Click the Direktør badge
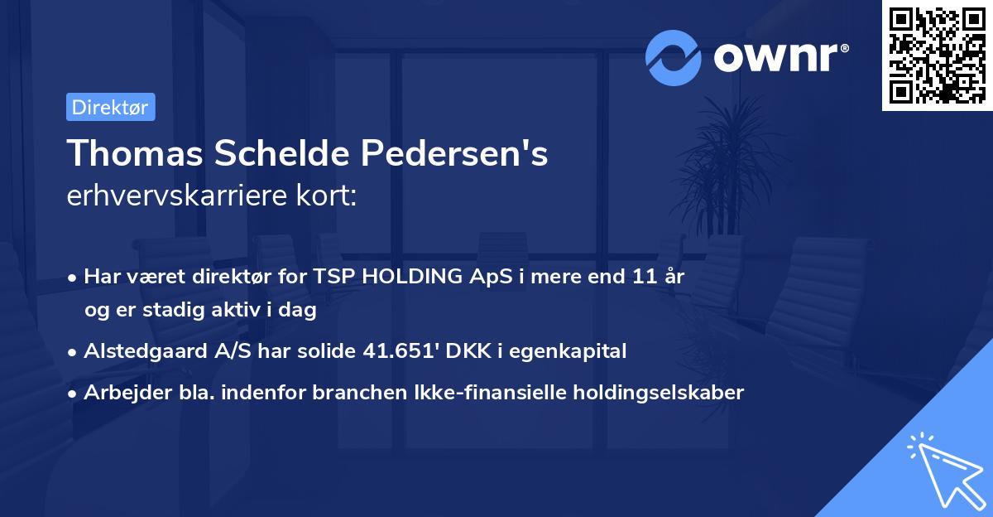point(110,107)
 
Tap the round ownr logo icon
point(674,57)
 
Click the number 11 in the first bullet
point(645,277)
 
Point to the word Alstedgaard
point(137,350)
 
